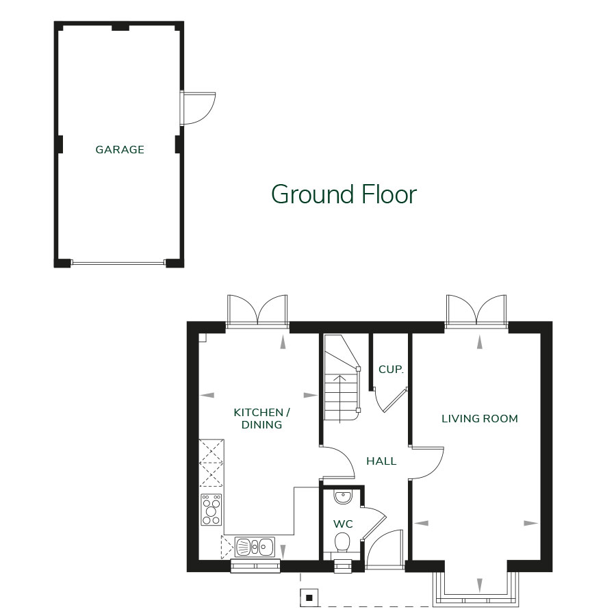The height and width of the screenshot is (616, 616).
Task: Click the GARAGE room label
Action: (x=120, y=149)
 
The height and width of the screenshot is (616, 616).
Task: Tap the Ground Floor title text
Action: (x=344, y=194)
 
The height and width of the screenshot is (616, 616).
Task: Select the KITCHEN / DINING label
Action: (x=262, y=418)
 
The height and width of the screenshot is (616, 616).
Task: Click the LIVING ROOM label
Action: (x=479, y=418)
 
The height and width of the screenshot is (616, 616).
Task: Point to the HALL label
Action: (x=381, y=461)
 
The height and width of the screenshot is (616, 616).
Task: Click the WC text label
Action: (x=343, y=524)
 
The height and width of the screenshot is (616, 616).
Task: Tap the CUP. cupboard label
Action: (x=391, y=370)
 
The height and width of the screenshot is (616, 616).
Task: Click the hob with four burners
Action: (x=211, y=509)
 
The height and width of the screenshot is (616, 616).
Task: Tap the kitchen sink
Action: (x=255, y=546)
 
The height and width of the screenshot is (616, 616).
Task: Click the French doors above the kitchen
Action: (x=257, y=311)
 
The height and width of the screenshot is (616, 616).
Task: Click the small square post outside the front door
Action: (x=309, y=598)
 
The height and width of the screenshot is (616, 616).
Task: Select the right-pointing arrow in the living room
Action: (x=531, y=523)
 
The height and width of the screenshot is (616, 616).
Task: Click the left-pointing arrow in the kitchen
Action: (x=207, y=395)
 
